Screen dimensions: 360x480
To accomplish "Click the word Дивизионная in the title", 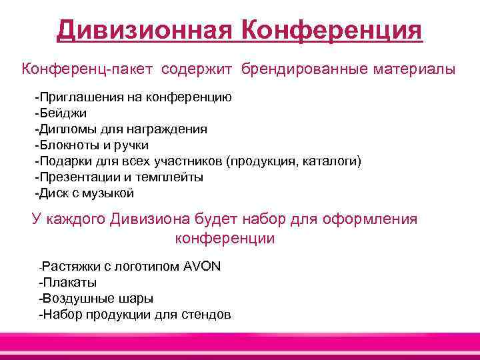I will (x=144, y=30).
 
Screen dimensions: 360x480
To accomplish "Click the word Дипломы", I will (x=68, y=129).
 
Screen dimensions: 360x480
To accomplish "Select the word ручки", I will (x=131, y=145).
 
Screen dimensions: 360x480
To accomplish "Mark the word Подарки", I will (x=65, y=161).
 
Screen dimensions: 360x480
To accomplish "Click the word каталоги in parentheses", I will (x=335, y=161).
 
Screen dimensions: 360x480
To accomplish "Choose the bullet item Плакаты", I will (x=69, y=283).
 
